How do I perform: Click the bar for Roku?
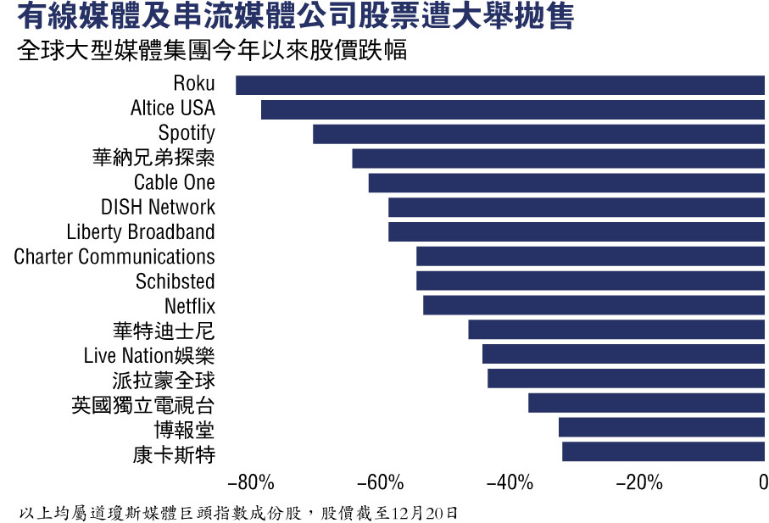[500, 85]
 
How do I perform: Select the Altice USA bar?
[513, 109]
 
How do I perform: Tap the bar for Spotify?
[539, 134]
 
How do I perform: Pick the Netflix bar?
[594, 305]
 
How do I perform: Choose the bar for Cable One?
[566, 183]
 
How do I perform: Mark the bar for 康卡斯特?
[664, 452]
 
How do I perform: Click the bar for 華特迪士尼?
[616, 330]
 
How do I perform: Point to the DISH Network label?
[158, 208]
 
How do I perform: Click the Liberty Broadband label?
[141, 232]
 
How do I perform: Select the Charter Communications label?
[114, 257]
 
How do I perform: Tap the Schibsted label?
[175, 281]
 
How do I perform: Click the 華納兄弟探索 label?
[153, 159]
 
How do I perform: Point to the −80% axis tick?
[252, 484]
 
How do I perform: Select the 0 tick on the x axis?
[763, 484]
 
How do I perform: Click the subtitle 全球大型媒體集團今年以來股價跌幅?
[212, 51]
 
